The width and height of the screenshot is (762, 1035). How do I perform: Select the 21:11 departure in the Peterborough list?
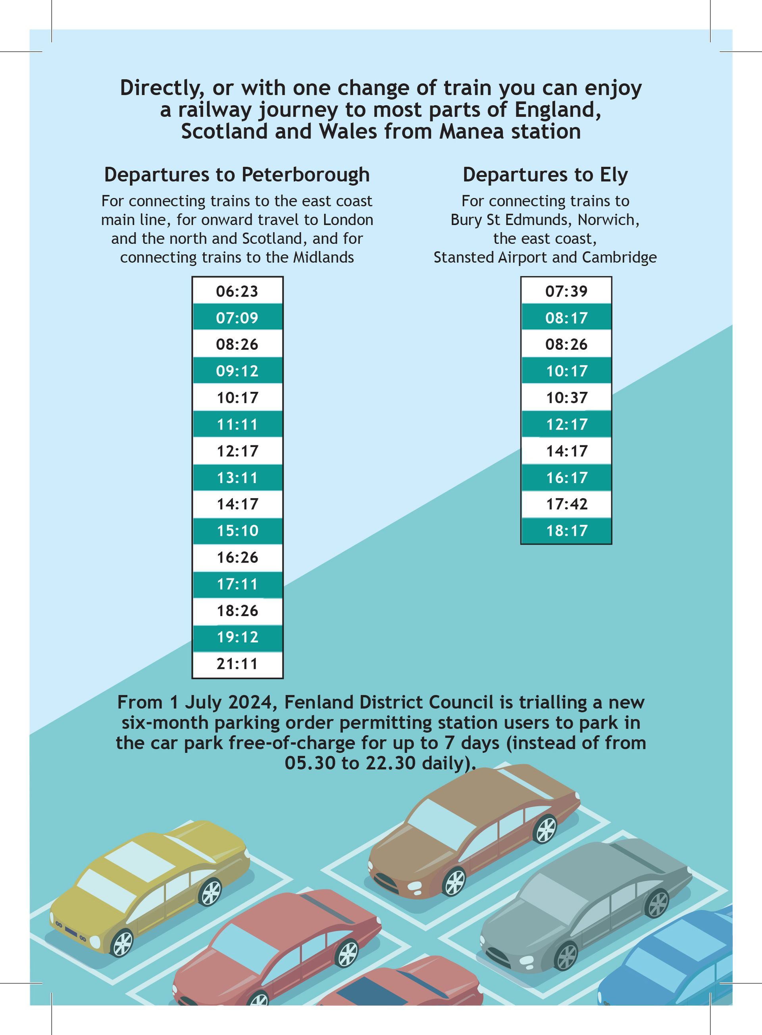click(x=237, y=664)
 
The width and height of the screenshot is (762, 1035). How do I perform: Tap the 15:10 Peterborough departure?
click(x=237, y=531)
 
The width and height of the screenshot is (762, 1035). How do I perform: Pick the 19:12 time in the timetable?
click(x=237, y=637)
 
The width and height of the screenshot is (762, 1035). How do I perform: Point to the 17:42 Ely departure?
click(x=566, y=504)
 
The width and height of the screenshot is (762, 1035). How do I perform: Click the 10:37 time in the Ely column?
click(x=566, y=397)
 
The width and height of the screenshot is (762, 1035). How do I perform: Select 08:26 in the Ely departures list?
click(x=566, y=344)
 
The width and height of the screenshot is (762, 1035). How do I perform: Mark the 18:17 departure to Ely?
click(x=566, y=531)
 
